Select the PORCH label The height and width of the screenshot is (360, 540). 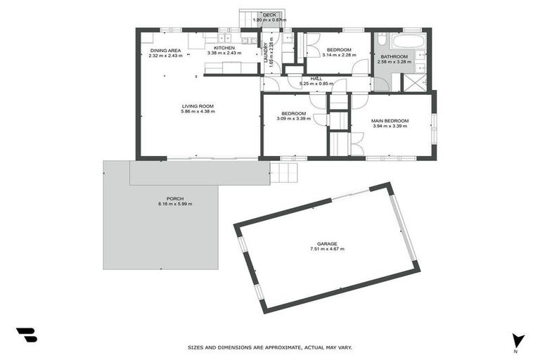coord(174,199)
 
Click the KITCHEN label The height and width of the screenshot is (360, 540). coord(224,47)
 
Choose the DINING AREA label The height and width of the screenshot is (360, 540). coord(165,50)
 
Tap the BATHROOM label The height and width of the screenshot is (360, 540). coord(394,56)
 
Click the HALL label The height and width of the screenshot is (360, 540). coord(316,79)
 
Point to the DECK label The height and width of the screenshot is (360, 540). coord(270,15)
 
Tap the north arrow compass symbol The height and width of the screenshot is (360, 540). coord(518,340)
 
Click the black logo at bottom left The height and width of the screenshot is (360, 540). coord(26,335)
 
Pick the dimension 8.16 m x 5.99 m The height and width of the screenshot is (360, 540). coord(174,204)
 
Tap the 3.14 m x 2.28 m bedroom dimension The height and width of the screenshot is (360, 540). coord(339,55)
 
